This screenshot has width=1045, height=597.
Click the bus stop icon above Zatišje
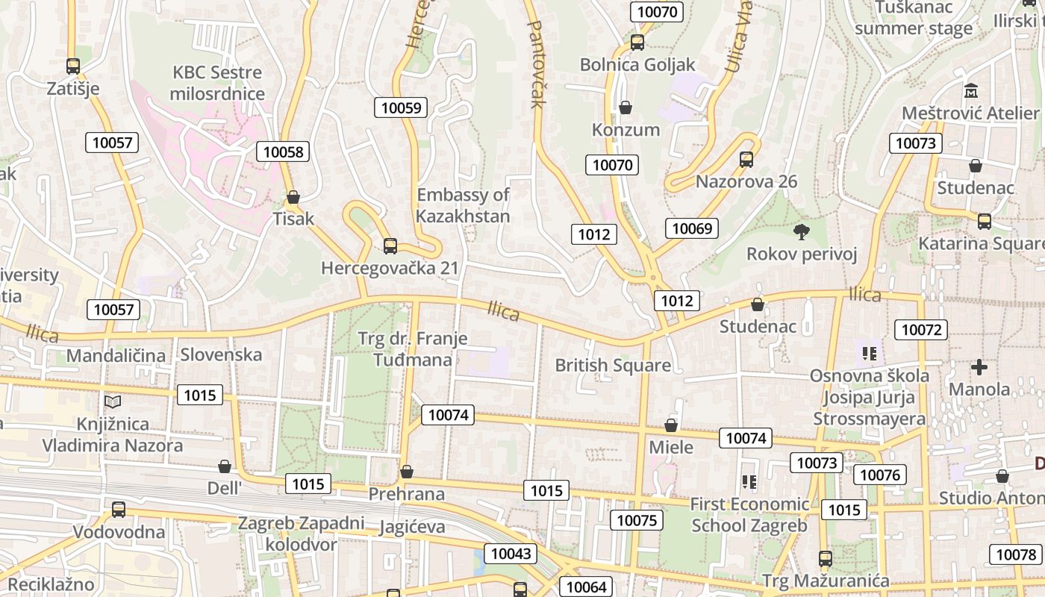[x=72, y=66]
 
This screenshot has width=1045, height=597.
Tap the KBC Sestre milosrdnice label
[x=217, y=83]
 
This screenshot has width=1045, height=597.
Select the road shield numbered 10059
[x=401, y=107]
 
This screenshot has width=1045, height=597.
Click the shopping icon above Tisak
[x=293, y=197]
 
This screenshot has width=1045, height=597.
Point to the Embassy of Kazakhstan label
[x=463, y=205]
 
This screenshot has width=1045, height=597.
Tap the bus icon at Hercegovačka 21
[x=390, y=246]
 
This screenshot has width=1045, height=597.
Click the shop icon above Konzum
[x=626, y=107]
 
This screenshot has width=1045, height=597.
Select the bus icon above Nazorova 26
[x=746, y=159]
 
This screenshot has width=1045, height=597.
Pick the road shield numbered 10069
[x=691, y=228]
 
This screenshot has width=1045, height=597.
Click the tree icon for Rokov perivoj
[x=802, y=231]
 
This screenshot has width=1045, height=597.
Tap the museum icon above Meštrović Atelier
[x=971, y=91]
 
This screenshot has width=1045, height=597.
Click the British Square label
[x=613, y=366]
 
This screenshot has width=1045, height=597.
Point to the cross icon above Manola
[x=979, y=367]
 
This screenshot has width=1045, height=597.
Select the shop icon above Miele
[x=671, y=425]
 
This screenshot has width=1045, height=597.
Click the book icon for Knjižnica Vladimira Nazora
[x=113, y=402]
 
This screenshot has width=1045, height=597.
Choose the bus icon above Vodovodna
[x=118, y=510]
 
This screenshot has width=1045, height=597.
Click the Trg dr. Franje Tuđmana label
[x=413, y=349]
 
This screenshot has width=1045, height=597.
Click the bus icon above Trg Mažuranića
[x=825, y=558]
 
